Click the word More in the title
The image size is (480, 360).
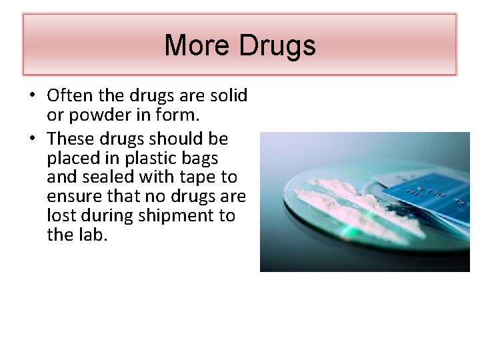point(194,46)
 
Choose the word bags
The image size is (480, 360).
point(200,158)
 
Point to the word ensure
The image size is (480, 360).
point(73,197)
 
